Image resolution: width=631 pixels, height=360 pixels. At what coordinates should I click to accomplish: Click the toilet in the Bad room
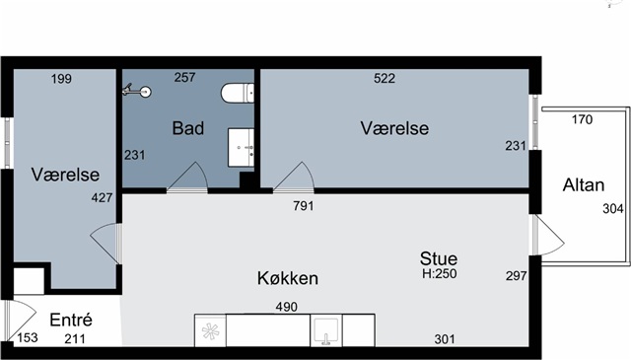[x=238, y=93]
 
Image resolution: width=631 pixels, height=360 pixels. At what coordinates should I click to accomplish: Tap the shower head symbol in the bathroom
[x=137, y=91]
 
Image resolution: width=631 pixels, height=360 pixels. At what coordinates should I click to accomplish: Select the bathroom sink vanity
[x=241, y=147]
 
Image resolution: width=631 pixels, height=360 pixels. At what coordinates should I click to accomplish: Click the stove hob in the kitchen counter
[x=210, y=331]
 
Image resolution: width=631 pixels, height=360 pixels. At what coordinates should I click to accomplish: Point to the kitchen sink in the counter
[x=326, y=331]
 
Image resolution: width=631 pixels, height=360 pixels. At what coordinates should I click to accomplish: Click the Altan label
[x=584, y=185]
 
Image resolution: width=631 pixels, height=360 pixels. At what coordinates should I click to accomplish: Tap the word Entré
[x=71, y=321]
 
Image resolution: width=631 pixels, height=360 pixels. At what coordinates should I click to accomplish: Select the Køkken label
[x=288, y=278]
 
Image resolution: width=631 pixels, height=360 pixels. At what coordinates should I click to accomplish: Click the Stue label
[x=439, y=258]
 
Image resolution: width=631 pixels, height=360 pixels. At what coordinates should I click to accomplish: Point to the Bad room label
[x=188, y=128]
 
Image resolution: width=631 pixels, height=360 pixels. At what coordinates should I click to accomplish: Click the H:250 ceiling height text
[x=440, y=274]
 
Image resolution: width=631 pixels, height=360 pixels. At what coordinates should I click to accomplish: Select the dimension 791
[x=304, y=206]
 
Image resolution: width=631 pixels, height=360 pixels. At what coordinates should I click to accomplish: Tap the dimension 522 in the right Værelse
[x=385, y=78]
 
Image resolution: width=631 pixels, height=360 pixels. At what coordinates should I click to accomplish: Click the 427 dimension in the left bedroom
[x=102, y=197]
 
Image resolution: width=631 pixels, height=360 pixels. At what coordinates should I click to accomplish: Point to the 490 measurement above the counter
[x=287, y=307]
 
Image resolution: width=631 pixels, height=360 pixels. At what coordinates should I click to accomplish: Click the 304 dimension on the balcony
[x=613, y=209]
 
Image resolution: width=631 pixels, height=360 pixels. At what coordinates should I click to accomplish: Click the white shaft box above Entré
[x=29, y=281]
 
